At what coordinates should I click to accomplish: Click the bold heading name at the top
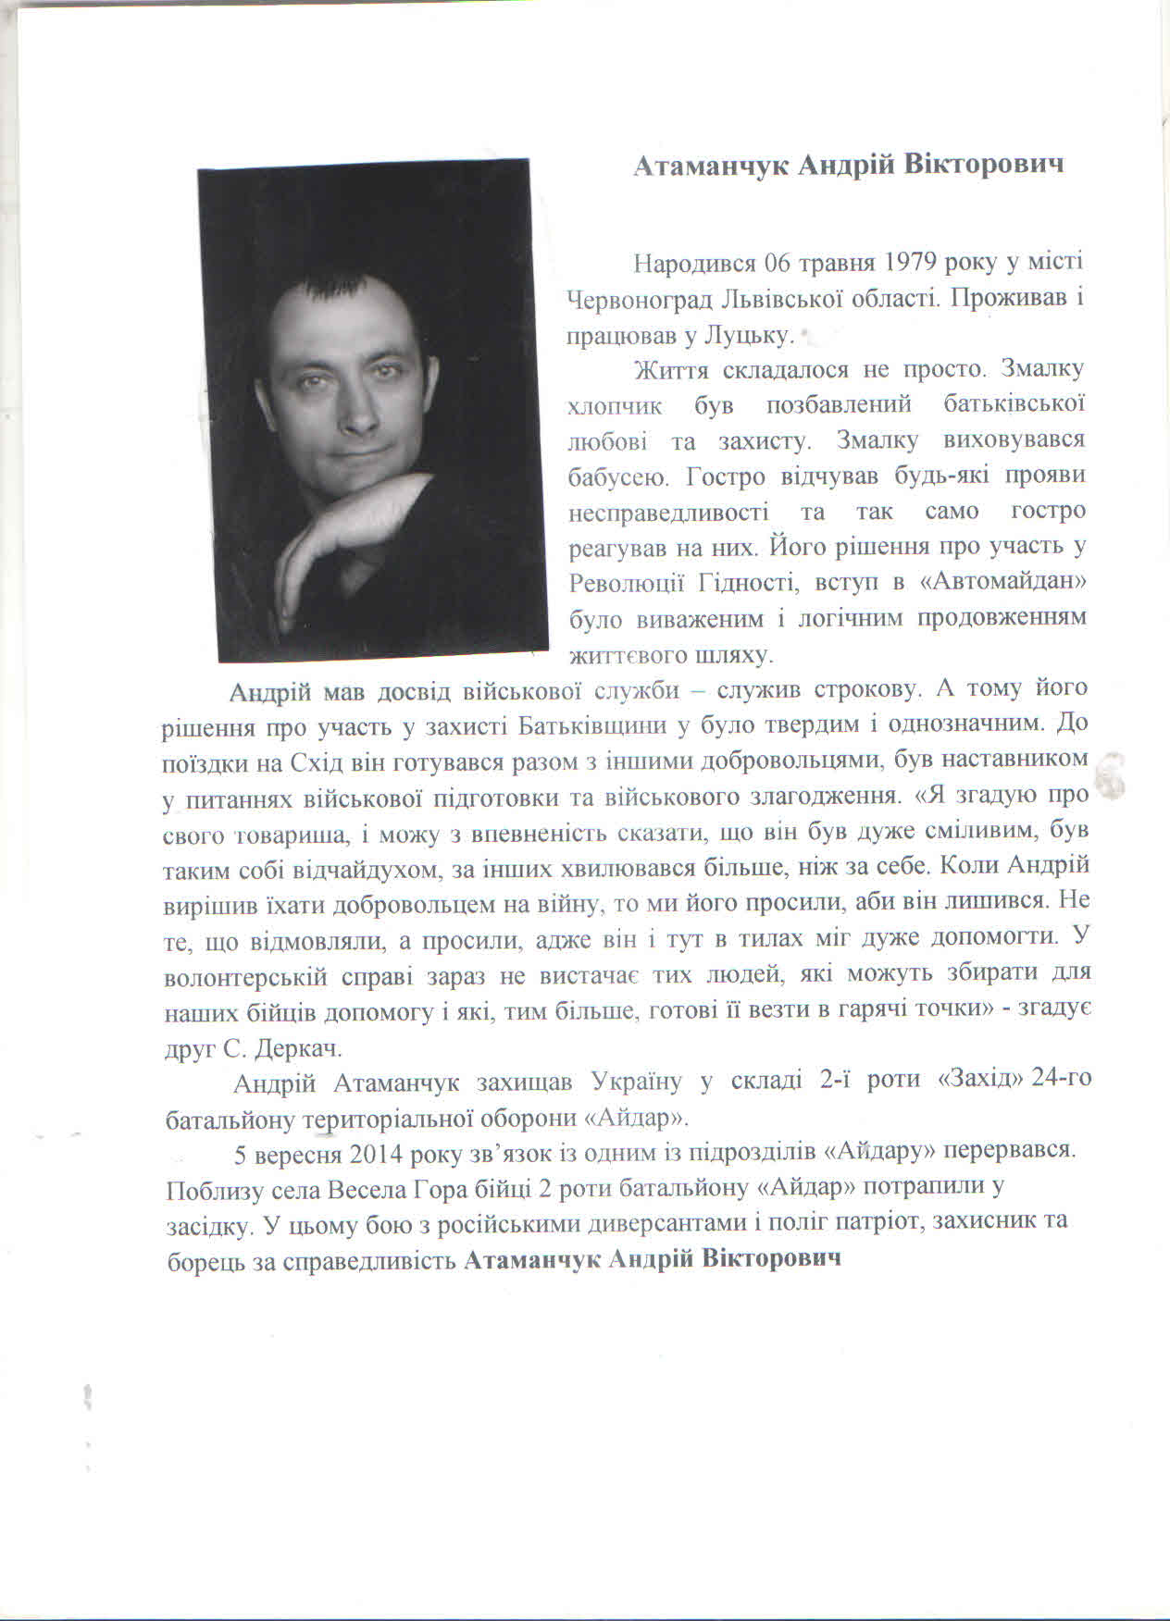pos(849,165)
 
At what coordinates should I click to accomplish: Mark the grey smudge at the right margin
pos(1108,777)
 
